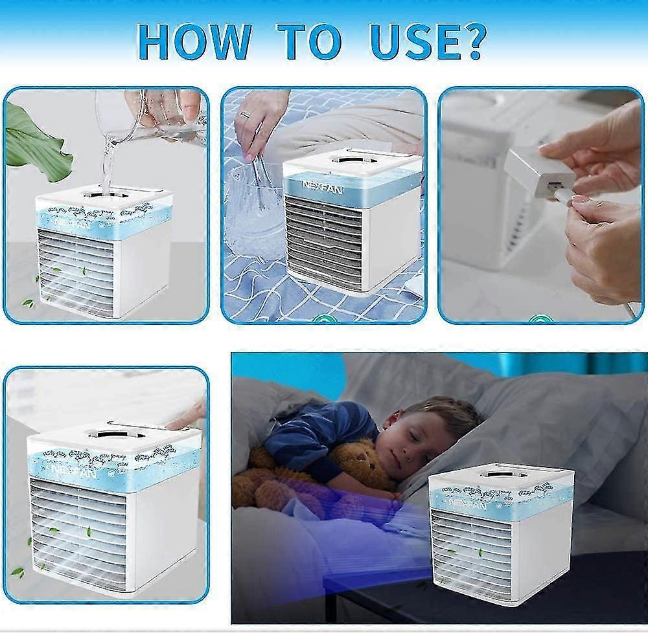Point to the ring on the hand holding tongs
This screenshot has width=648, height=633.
pos(244,115)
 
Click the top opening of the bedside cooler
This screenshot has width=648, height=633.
pos(503,474)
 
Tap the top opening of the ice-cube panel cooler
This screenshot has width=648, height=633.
pos(354,159)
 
